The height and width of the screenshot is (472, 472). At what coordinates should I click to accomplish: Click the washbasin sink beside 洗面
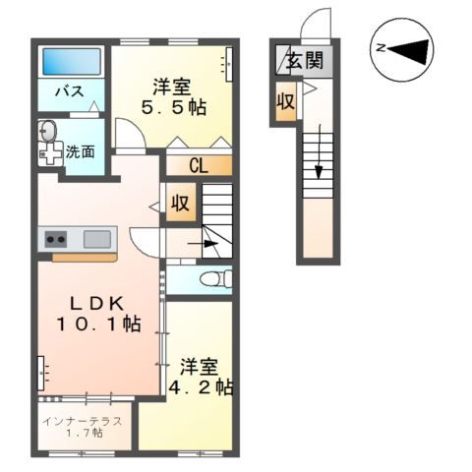(47, 141)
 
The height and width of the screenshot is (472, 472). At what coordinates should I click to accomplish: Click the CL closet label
(198, 165)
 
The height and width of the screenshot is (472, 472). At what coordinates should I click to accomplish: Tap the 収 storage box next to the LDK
(181, 205)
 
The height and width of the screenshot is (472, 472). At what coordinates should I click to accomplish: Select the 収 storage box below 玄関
(284, 101)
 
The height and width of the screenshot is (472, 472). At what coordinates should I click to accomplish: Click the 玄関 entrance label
(303, 61)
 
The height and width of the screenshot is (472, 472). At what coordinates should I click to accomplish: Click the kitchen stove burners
(53, 239)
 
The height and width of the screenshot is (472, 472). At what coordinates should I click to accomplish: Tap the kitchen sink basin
(96, 238)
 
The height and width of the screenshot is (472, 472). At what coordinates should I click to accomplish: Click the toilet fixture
(210, 279)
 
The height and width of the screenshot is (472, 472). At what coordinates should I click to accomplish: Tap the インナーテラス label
(83, 420)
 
